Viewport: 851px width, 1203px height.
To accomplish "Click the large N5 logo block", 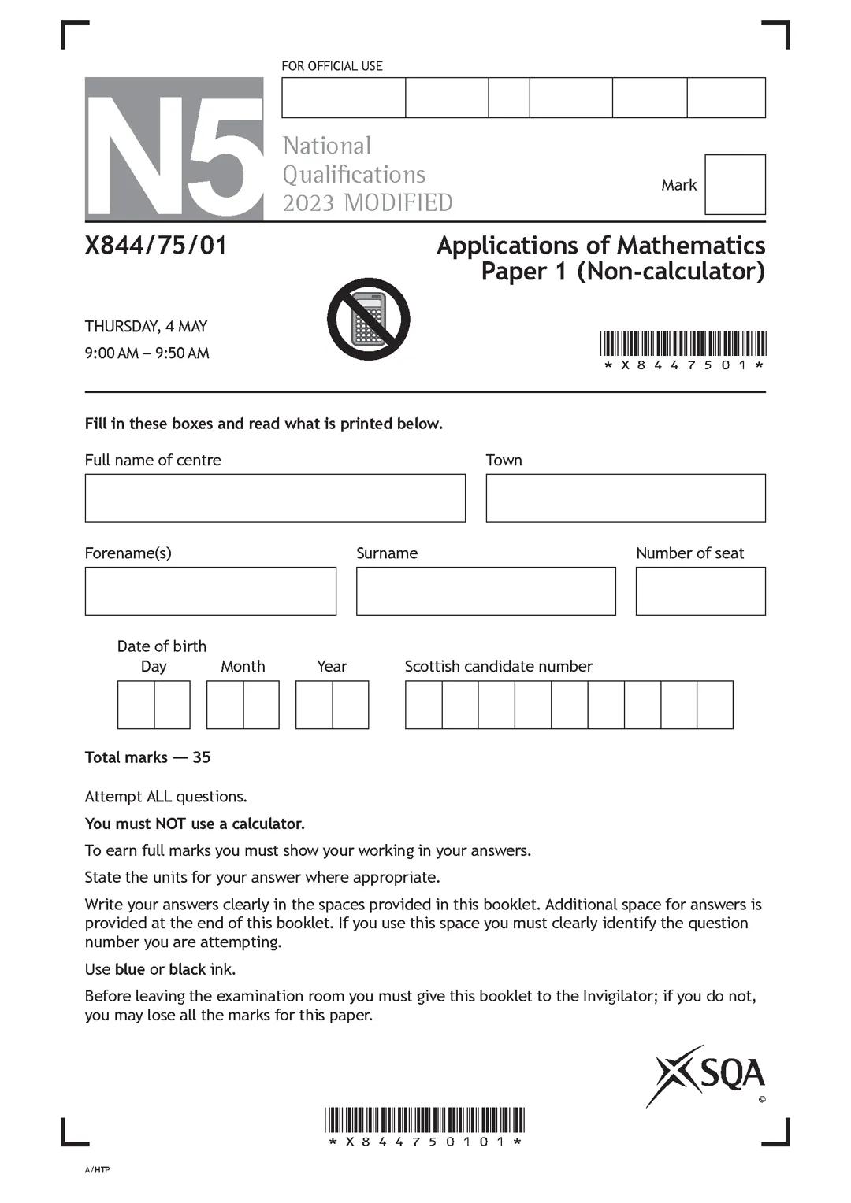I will (174, 149).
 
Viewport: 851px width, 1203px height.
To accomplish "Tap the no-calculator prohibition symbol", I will (368, 319).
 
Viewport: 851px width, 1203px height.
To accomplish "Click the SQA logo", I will (706, 1075).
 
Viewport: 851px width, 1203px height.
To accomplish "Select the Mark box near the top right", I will (734, 184).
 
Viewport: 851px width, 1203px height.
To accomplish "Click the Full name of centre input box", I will (275, 498).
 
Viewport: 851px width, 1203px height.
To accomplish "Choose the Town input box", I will (625, 498).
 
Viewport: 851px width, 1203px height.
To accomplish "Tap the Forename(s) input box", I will (210, 590).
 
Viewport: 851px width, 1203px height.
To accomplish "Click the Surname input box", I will (485, 590).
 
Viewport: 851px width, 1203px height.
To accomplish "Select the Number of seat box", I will (700, 590).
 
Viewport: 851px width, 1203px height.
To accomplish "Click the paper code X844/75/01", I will (156, 246).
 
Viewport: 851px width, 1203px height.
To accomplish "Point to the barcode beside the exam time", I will (682, 344).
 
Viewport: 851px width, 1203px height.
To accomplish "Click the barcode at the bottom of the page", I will (425, 1120).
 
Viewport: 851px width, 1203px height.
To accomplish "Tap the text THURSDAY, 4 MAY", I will (146, 326).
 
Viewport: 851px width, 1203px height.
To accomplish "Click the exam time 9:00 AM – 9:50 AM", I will (147, 353).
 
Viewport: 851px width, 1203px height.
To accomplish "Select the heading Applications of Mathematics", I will (600, 245).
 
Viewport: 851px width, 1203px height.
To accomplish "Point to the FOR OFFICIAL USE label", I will (332, 66).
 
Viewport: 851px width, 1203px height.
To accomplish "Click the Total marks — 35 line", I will (147, 757).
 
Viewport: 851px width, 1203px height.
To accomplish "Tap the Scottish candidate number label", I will (498, 666).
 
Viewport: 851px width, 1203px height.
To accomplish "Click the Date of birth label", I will (162, 646).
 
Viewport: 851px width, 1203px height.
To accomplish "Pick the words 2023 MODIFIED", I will (367, 202).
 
